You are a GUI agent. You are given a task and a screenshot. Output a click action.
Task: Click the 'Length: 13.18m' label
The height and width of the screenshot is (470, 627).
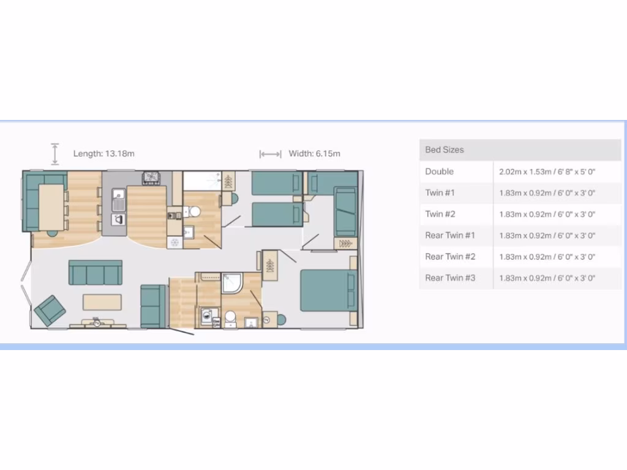pos(103,154)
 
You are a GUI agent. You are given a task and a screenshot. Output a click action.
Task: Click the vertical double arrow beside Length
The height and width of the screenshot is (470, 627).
pos(55,154)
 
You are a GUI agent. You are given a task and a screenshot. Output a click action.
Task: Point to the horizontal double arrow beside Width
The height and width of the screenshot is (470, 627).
pos(270,154)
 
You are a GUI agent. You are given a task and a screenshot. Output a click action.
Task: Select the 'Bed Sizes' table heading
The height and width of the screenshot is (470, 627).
pos(445,150)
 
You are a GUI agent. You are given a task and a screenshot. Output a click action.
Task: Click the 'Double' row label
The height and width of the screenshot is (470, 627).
pos(439,171)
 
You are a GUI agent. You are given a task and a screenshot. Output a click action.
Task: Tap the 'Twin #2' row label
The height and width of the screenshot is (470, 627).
pos(440,214)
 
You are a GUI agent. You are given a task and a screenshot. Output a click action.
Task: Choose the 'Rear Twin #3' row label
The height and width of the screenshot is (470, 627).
pos(450,278)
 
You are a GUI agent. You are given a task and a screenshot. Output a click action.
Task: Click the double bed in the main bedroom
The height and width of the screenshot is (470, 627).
pos(326,289)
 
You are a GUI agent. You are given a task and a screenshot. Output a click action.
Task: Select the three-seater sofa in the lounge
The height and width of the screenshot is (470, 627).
pos(95,272)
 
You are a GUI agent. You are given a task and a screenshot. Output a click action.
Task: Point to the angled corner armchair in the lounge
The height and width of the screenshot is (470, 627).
pos(50,310)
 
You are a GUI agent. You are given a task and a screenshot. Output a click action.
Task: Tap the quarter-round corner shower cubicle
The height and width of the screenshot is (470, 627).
pos(232,283)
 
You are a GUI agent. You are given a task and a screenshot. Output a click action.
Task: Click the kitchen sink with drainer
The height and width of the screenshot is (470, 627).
pos(119,200)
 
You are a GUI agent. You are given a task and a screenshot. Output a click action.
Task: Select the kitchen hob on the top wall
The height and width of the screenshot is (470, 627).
pos(151,178)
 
